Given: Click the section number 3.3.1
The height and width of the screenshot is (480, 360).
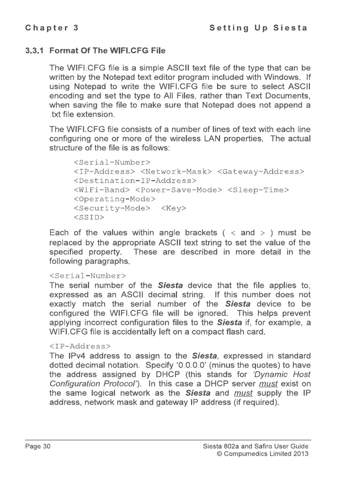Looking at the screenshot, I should click(35, 50).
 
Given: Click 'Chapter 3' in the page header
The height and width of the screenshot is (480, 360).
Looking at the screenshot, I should click(52, 28).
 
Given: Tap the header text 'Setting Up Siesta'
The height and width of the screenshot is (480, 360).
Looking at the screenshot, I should click(258, 28).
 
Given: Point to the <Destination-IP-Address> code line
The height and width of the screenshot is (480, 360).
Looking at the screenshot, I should click(135, 180).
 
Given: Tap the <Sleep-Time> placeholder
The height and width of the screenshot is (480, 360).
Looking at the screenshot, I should click(258, 190).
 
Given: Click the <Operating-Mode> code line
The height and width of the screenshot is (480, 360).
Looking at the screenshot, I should click(114, 199).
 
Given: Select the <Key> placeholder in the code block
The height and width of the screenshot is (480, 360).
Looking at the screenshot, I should click(173, 208).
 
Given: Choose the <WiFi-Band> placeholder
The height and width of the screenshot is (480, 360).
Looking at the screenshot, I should click(102, 190).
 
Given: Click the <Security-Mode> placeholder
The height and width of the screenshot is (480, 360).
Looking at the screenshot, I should click(112, 208).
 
